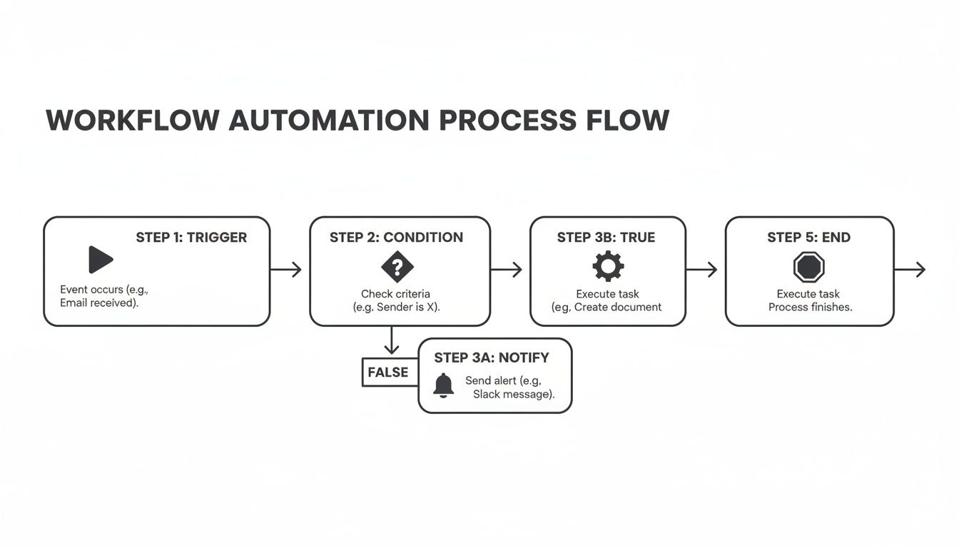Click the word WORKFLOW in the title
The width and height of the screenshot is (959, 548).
click(x=132, y=121)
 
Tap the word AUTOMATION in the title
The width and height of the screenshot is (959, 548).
click(x=328, y=121)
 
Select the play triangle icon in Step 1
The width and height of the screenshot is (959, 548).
click(x=101, y=260)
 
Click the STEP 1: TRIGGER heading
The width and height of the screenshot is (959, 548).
click(x=191, y=238)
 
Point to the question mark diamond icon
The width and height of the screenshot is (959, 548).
click(x=397, y=268)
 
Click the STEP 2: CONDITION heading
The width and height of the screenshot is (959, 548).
click(x=396, y=238)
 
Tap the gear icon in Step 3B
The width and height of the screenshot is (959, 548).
click(x=608, y=267)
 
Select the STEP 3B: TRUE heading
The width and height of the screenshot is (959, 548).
click(x=606, y=238)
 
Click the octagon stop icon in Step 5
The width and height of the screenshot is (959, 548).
click(x=808, y=268)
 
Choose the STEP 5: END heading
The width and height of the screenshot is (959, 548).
click(x=808, y=238)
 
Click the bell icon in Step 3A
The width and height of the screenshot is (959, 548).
click(x=443, y=385)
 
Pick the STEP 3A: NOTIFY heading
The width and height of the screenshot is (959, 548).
click(x=491, y=357)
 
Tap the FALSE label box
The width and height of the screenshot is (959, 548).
click(x=388, y=372)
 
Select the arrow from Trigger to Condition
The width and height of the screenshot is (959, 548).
click(x=286, y=270)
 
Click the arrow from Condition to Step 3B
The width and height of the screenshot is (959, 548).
click(x=507, y=270)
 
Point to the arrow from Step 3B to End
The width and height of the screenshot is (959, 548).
click(x=702, y=270)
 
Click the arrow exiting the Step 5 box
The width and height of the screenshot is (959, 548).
click(x=910, y=270)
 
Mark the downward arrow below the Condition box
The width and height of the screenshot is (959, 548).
click(x=391, y=340)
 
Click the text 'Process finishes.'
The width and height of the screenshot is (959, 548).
click(x=810, y=308)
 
